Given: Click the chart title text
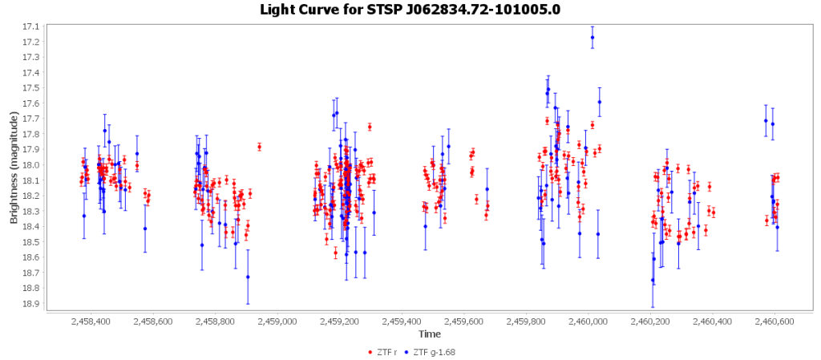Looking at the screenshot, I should tap(410, 10).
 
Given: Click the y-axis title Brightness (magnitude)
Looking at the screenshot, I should tap(14, 167).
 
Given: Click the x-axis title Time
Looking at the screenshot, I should tap(429, 334).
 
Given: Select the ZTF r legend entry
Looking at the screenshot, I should tap(387, 351).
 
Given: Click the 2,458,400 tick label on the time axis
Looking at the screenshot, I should tap(91, 322).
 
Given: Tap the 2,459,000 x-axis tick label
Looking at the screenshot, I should tap(277, 322).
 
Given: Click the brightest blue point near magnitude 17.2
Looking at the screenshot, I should tap(592, 37).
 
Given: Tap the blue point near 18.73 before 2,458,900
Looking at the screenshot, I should tap(248, 277).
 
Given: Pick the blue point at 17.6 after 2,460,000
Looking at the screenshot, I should tap(599, 102).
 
